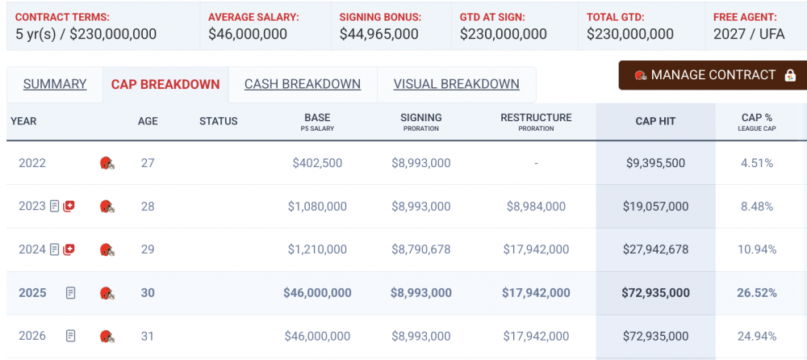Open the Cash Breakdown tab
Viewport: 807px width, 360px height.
(303, 84)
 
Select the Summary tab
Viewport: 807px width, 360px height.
(55, 84)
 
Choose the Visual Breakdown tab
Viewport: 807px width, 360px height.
(456, 84)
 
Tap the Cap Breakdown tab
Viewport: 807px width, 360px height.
(165, 84)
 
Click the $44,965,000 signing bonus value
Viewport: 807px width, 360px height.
(378, 34)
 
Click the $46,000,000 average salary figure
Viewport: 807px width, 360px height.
(248, 34)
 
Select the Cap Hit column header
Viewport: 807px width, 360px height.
(655, 121)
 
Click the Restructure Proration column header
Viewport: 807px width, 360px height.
(536, 121)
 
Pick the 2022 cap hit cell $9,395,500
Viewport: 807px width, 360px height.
(655, 163)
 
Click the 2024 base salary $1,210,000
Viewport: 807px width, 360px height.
(317, 249)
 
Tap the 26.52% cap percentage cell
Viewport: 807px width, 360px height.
(757, 292)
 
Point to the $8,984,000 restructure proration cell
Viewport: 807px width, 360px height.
(536, 207)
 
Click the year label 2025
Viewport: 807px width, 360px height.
(32, 292)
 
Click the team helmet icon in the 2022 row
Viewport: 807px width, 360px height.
(107, 163)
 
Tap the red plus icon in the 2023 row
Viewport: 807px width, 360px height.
(69, 207)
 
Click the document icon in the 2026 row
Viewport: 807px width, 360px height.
(71, 336)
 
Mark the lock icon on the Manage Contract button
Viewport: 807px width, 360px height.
(790, 75)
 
